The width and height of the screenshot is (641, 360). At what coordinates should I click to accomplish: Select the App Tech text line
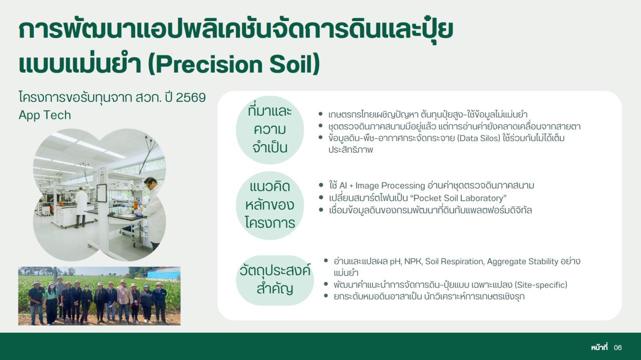pyautogui.click(x=45, y=115)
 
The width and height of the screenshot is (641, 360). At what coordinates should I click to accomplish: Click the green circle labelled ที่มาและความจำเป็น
pyautogui.click(x=270, y=130)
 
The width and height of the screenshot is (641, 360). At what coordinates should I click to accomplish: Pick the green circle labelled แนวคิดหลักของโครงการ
pyautogui.click(x=270, y=205)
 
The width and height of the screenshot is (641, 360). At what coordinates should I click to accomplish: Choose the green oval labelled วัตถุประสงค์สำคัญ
pyautogui.click(x=274, y=280)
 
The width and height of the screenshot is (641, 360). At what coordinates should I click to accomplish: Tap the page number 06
pyautogui.click(x=617, y=347)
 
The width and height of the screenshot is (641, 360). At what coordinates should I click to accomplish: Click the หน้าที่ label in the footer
pyautogui.click(x=599, y=347)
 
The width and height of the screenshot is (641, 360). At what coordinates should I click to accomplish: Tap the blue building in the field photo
pyautogui.click(x=163, y=273)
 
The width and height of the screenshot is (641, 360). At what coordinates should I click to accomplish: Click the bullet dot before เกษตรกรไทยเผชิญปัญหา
pyautogui.click(x=320, y=115)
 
